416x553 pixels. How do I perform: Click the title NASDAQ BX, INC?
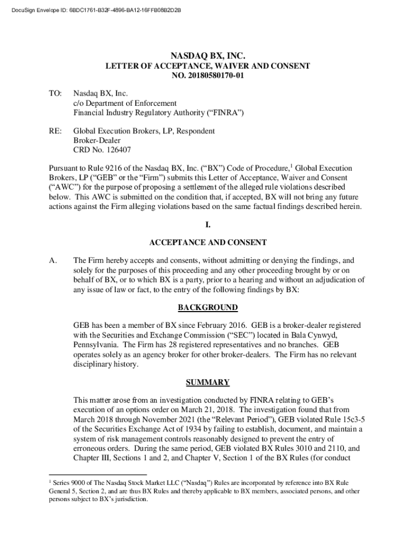208,56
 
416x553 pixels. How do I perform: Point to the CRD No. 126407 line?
102,150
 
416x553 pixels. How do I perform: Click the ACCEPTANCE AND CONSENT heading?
208,243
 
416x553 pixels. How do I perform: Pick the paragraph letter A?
53,261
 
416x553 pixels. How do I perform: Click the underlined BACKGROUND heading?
208,308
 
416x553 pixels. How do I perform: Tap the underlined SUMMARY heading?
208,383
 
